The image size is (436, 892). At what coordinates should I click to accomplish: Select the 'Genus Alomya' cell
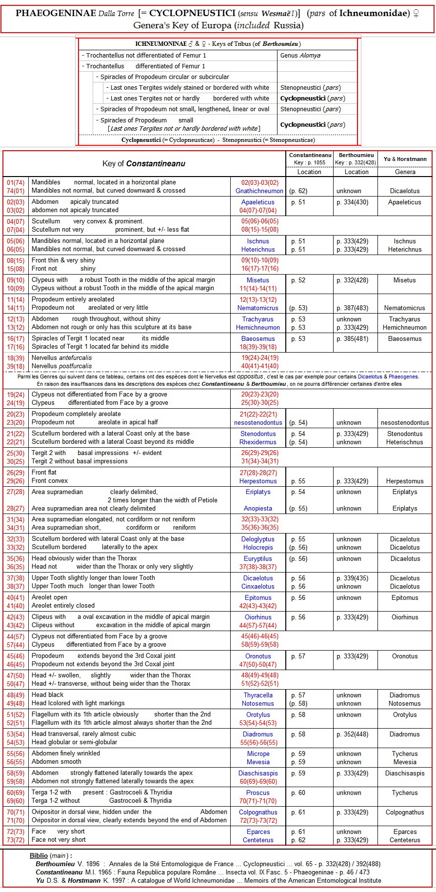point(300,56)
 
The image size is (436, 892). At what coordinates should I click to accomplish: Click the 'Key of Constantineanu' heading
point(144,164)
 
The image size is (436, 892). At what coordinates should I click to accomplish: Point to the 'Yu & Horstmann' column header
point(405,159)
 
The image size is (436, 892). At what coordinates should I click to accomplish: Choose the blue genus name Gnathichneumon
point(259,191)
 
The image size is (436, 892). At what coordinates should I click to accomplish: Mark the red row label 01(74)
point(16,182)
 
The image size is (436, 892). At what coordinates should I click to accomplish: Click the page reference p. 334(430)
point(352,202)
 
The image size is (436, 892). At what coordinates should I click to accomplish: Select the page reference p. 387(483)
point(352,308)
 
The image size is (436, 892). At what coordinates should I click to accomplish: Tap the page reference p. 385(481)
point(352,339)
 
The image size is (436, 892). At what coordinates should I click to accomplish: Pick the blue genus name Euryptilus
point(258,559)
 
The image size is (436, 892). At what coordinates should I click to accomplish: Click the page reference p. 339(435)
point(352,578)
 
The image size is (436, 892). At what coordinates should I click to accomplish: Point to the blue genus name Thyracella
point(258,695)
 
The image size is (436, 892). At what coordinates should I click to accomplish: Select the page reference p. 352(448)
point(352,734)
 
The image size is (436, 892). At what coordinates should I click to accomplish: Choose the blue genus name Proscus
point(258,793)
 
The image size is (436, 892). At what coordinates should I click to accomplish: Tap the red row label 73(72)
point(16,840)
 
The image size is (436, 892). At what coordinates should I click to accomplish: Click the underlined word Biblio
point(39,856)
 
